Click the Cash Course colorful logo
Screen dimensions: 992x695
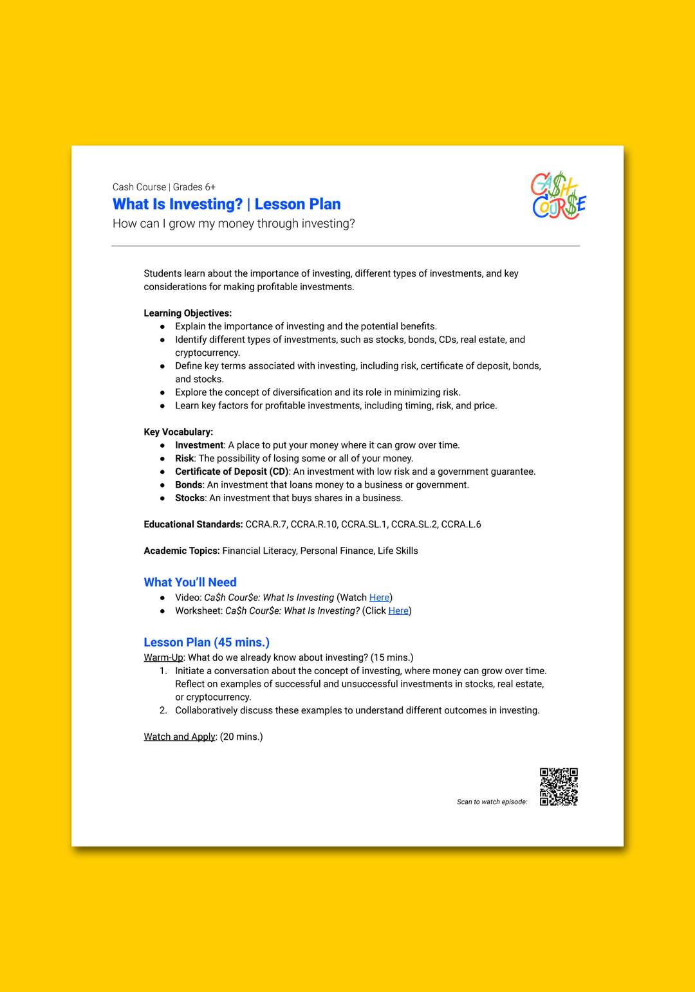558,196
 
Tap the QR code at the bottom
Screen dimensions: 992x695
558,786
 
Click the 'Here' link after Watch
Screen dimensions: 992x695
379,598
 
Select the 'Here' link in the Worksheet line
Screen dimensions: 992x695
398,611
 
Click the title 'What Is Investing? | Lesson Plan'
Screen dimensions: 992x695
227,205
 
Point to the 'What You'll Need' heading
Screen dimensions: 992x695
190,582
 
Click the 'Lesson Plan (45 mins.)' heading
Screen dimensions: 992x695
207,643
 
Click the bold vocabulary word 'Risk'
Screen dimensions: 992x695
184,459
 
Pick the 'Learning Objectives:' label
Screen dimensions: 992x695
187,313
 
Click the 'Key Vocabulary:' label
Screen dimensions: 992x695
178,432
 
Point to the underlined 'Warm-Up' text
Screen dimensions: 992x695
163,657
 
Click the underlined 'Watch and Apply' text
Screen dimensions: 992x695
180,737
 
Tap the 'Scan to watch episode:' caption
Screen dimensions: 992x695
492,802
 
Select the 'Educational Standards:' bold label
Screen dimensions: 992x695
193,524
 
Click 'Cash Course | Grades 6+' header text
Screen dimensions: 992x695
163,187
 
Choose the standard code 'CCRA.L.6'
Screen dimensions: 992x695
461,524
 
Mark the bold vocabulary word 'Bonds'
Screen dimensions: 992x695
189,485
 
